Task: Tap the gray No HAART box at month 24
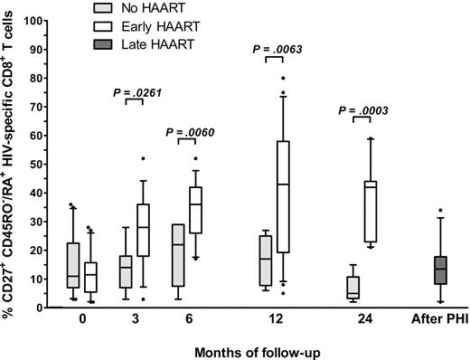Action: [x=352, y=288]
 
